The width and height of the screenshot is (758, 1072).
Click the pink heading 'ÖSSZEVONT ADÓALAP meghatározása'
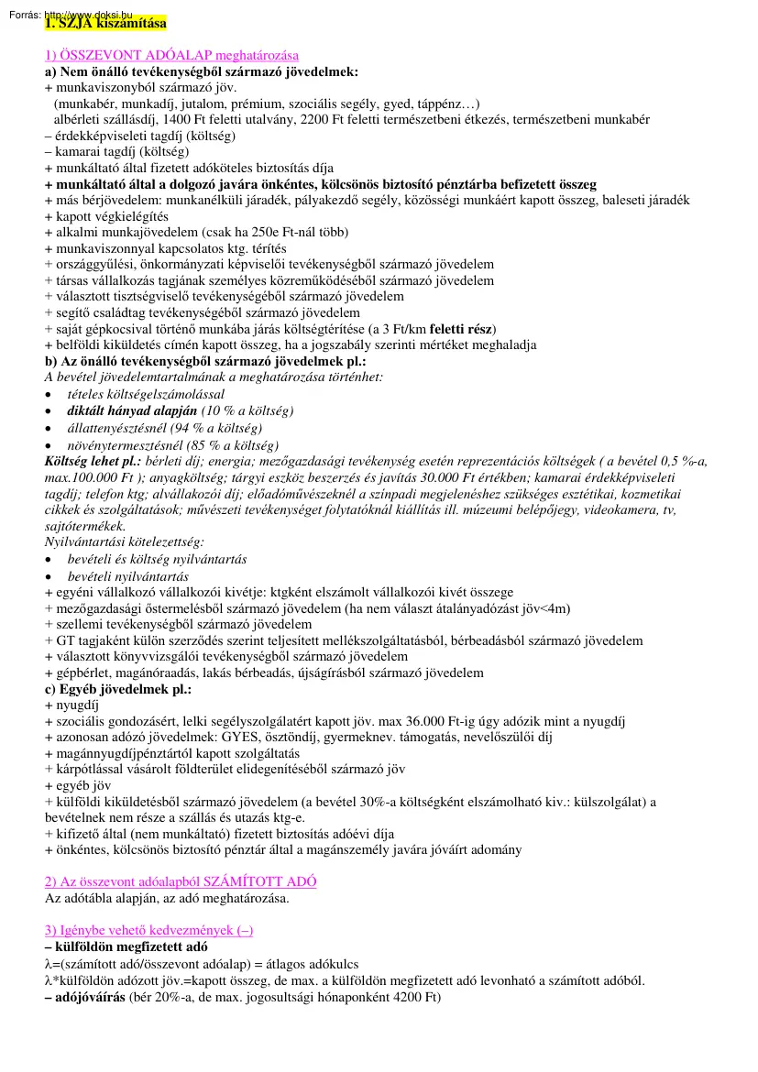tap(171, 55)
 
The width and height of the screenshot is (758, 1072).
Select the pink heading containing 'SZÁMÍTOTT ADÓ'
tap(181, 881)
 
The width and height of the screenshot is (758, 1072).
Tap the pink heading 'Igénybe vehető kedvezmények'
tap(148, 930)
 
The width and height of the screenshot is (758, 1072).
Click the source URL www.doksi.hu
tap(87, 15)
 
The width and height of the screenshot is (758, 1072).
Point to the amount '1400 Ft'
tap(188, 119)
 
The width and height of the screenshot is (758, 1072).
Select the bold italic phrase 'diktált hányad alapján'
tap(132, 410)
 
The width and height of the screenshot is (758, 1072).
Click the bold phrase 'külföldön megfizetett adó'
tap(131, 946)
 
